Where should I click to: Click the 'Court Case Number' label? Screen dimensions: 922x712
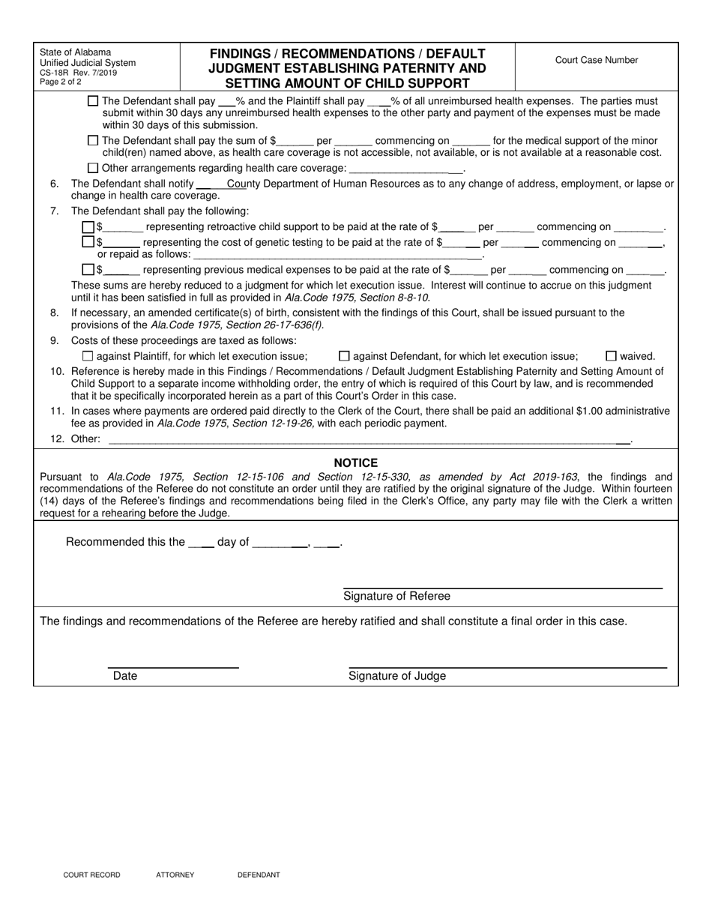coord(597,60)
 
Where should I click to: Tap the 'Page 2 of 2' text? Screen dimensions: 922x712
coord(61,82)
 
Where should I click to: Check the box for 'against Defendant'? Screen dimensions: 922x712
coord(345,357)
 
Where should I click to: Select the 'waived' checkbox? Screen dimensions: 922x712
coord(611,357)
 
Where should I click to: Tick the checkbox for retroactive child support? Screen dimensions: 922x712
coord(88,227)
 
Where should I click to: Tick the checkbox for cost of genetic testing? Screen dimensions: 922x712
coord(88,242)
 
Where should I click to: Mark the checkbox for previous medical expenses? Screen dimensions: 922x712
coord(88,270)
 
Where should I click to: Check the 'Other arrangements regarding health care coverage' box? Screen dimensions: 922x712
coord(93,168)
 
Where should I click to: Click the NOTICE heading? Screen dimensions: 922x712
coord(355,463)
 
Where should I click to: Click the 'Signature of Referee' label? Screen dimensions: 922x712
coord(396,597)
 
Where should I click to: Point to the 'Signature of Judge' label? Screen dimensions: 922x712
coord(396,676)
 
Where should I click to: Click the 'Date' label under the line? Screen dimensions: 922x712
coord(125,676)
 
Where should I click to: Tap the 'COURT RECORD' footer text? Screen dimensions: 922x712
coord(91,875)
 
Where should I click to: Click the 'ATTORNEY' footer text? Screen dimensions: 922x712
coord(175,875)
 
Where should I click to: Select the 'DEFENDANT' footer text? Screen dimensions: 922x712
coord(259,875)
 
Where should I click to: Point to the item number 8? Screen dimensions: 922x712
coord(54,313)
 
